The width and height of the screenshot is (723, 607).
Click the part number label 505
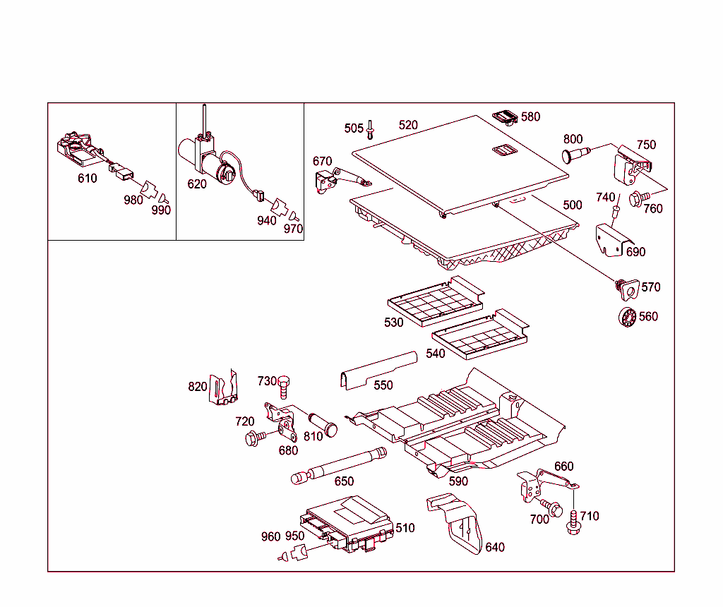coord(354,128)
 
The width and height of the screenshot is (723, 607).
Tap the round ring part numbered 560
coord(626,317)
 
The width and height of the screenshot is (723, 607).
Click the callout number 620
coord(197,184)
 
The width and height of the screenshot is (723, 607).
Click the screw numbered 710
coord(573,522)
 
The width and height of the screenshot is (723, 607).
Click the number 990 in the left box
coord(161,210)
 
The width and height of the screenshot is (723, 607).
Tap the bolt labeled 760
coord(635,200)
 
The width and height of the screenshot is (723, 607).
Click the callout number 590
coord(458,481)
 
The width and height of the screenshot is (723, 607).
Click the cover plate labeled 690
coord(611,238)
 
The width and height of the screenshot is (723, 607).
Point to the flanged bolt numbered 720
coord(253,438)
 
